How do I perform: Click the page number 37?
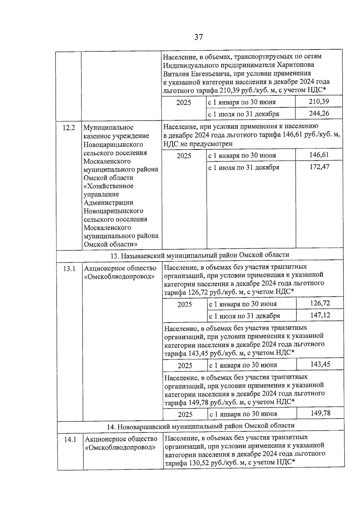coord(198,37)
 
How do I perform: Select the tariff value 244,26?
coord(319,113)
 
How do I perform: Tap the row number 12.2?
coord(69,127)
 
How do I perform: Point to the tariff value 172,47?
coord(319,166)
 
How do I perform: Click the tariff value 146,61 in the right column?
coord(319,155)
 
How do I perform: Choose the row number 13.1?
coord(69,268)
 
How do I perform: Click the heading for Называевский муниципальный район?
coord(200,255)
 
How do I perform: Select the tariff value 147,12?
coord(320,315)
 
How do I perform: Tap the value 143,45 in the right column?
coord(320,364)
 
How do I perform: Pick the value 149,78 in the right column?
coord(320,413)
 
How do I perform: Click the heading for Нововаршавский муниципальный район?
coord(201,425)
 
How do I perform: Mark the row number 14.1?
coord(70,440)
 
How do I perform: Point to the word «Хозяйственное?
coord(108,186)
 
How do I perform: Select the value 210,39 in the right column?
coord(319,101)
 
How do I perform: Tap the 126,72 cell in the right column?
coord(320,303)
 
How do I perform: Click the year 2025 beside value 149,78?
coord(185,415)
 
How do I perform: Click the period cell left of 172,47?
coord(244,167)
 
